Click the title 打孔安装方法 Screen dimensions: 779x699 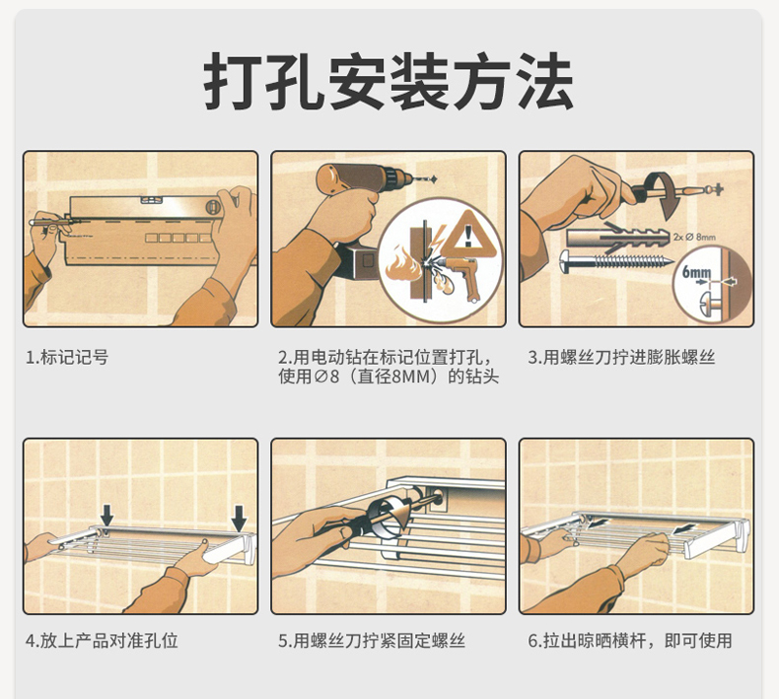click(x=389, y=81)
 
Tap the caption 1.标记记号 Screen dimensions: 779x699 click(x=67, y=357)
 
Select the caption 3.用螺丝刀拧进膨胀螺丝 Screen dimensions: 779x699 click(x=621, y=357)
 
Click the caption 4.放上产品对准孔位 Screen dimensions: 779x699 click(x=102, y=641)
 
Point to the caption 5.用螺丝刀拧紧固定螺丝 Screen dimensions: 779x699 click(x=372, y=641)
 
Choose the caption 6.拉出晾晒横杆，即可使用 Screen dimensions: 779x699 click(x=630, y=641)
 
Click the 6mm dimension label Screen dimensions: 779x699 click(x=696, y=272)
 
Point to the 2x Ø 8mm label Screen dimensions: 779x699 click(x=694, y=237)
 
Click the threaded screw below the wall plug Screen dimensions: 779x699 click(x=616, y=261)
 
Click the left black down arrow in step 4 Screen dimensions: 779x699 click(x=106, y=515)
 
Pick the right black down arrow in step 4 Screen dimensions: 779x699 click(x=239, y=519)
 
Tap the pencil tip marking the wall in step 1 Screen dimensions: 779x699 click(x=32, y=223)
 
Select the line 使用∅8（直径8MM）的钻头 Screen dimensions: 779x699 click(x=389, y=377)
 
